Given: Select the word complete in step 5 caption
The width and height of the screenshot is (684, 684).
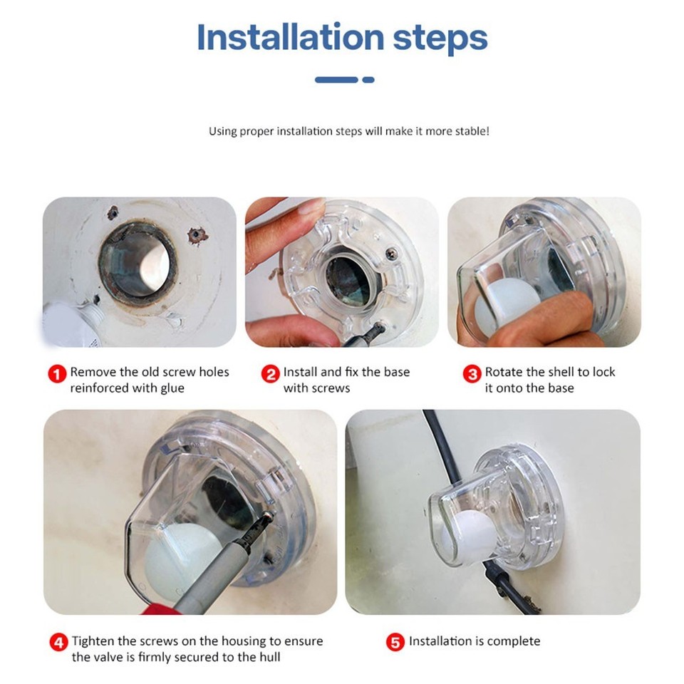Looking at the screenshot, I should point(511,641).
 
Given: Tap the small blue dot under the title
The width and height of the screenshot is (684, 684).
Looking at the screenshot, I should point(368,80).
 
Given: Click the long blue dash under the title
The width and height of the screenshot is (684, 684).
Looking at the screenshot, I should point(336,80).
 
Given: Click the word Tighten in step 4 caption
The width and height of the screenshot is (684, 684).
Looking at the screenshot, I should point(92,641).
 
